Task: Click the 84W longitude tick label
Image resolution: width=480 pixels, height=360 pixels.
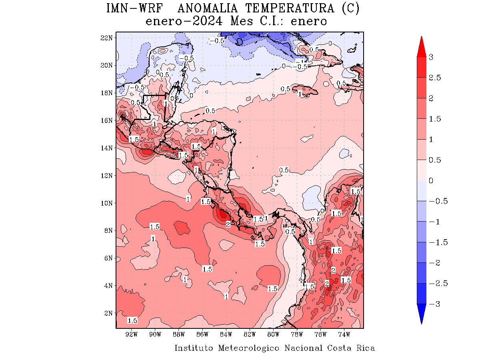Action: pos(226,334)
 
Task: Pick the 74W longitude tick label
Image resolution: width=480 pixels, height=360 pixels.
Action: pos(344,334)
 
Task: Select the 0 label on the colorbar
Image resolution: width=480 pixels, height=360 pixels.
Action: pos(431,180)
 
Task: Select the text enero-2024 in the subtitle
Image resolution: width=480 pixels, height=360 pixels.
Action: pos(184,21)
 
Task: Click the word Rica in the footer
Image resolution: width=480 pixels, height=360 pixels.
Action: pos(366,348)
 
